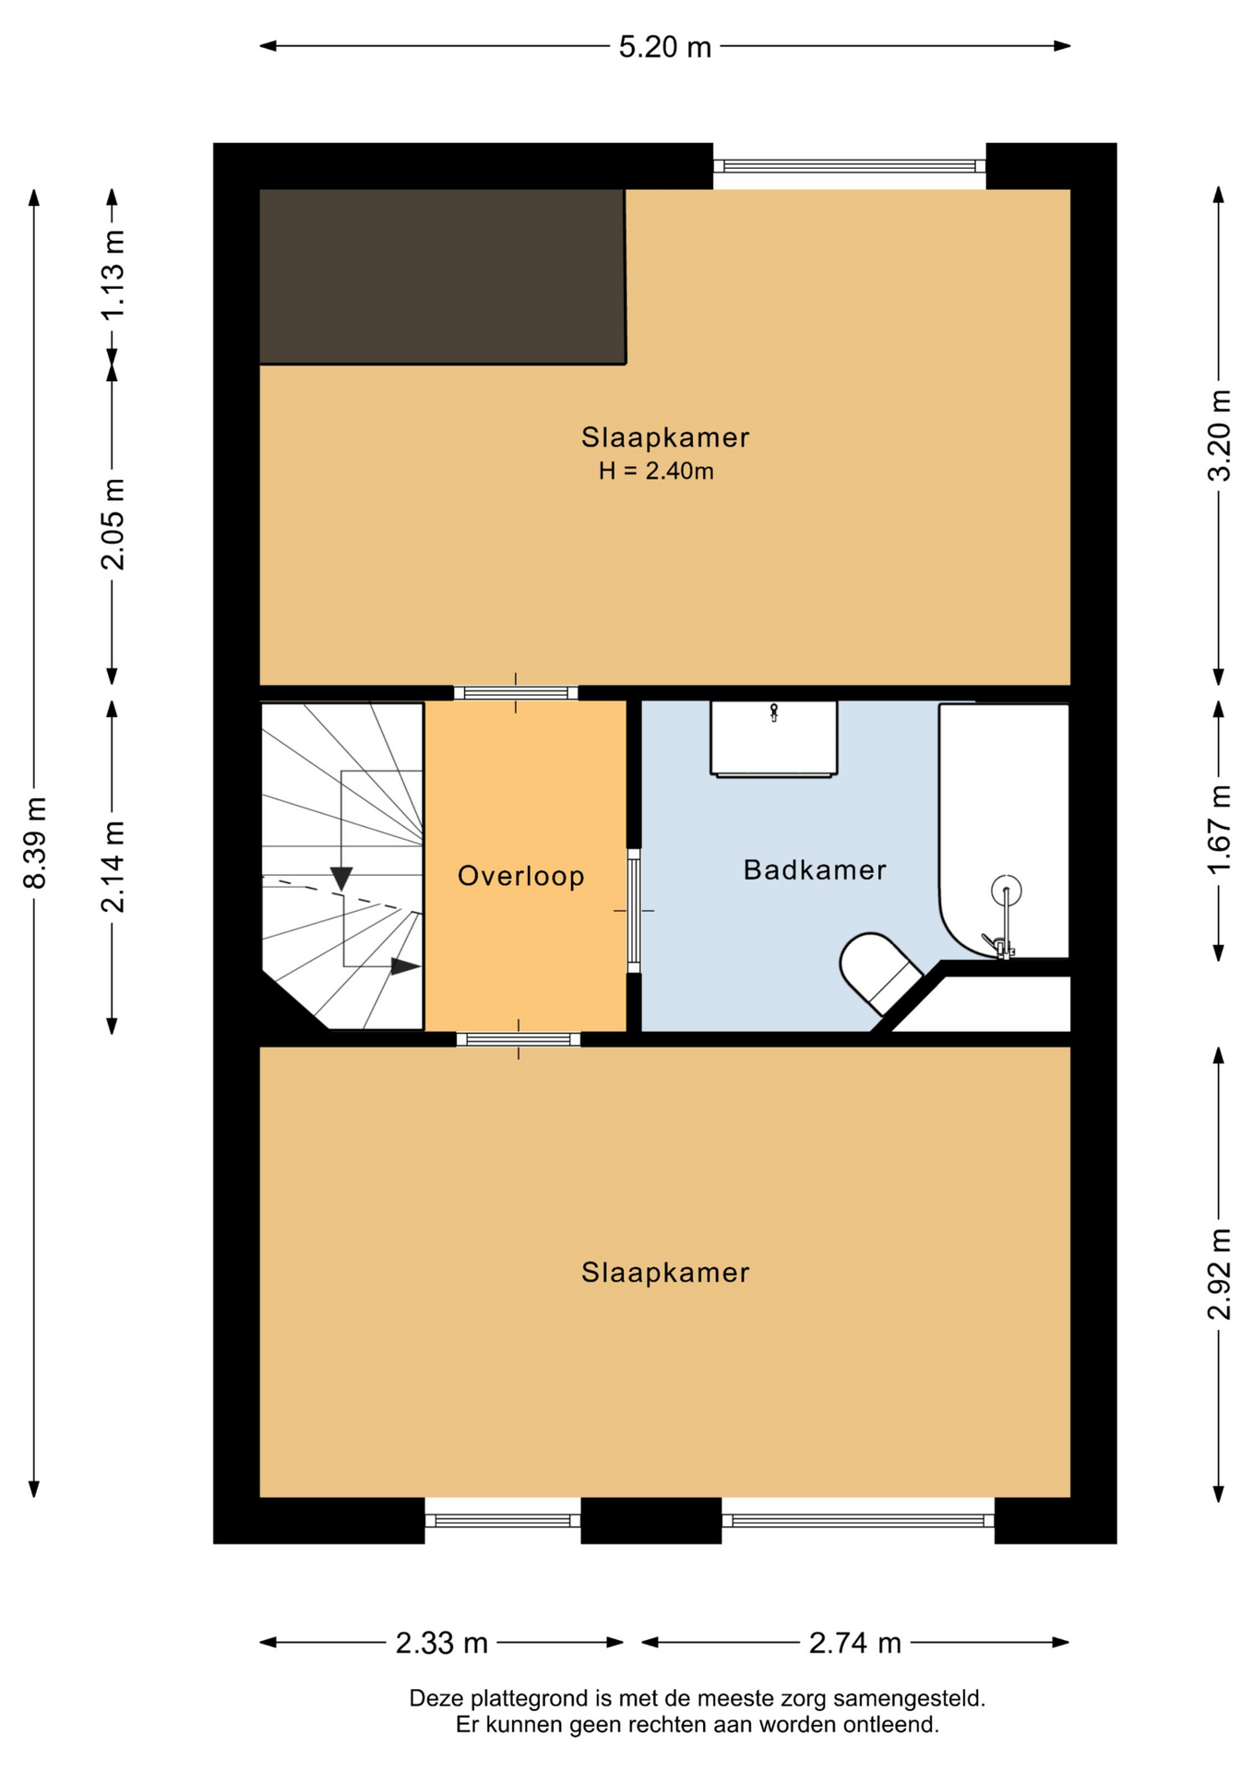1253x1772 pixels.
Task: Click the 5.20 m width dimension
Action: point(664,46)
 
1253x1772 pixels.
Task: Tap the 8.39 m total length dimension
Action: point(35,843)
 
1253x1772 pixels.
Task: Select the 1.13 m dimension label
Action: point(113,274)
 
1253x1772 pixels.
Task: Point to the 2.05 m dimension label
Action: point(113,524)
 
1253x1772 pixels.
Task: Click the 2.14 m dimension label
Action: point(113,867)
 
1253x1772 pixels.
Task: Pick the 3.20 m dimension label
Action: point(1220,436)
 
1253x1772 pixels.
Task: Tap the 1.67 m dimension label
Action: point(1220,830)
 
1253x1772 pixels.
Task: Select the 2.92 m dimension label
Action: point(1220,1275)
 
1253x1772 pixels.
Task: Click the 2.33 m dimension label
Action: point(441,1644)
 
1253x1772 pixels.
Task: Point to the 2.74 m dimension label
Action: point(854,1644)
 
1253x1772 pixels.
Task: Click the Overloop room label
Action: point(521,876)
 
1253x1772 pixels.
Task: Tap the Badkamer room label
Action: point(815,869)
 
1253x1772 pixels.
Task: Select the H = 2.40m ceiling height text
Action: point(656,471)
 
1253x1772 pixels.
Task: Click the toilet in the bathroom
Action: point(879,972)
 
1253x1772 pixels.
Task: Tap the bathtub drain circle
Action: point(1006,891)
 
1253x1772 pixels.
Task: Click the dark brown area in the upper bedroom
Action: point(442,276)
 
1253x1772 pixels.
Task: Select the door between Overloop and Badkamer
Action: point(634,911)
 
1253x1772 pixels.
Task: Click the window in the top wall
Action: point(850,166)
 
